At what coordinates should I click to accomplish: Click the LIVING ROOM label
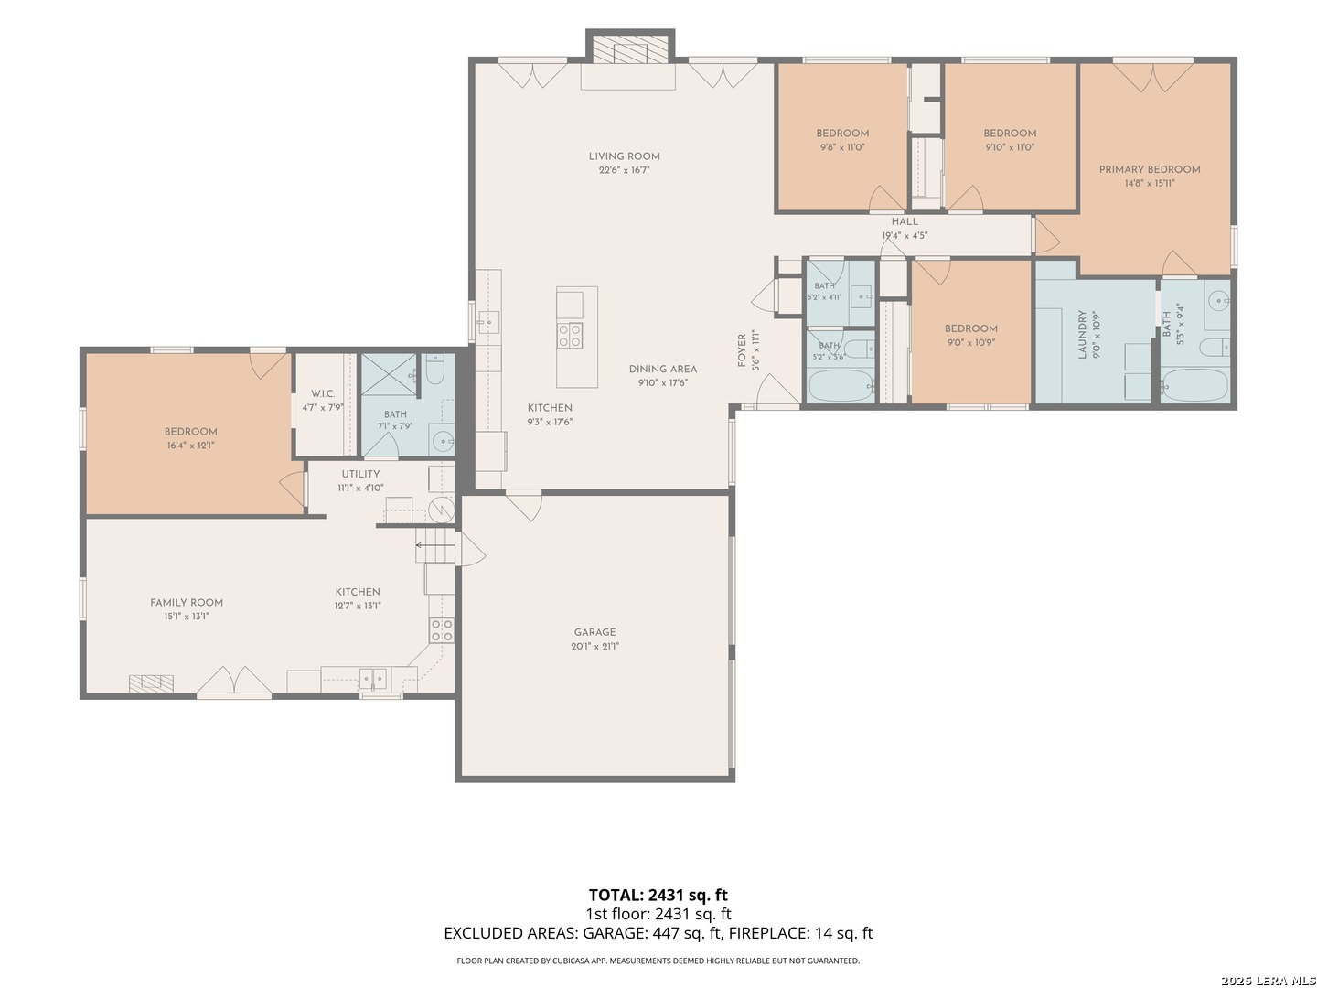(x=624, y=156)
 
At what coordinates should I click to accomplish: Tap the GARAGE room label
(x=594, y=632)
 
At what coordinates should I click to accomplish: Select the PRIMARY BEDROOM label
(x=1149, y=170)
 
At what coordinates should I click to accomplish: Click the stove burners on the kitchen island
(x=570, y=336)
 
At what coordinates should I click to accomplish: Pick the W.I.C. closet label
(x=323, y=394)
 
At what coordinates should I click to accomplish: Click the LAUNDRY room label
(x=1082, y=335)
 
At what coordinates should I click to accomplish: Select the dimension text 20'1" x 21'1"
(x=594, y=646)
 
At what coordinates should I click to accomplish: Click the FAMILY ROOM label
(x=187, y=603)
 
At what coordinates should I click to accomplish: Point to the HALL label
(x=905, y=222)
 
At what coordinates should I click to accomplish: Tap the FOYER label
(x=742, y=350)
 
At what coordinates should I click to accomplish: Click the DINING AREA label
(x=663, y=370)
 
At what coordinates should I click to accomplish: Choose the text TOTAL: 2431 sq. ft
(x=658, y=896)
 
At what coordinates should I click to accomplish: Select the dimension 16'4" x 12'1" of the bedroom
(x=191, y=446)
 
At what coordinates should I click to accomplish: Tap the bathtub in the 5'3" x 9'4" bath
(x=1194, y=385)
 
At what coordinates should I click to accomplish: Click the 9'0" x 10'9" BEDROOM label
(x=970, y=328)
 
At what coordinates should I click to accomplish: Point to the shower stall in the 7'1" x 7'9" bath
(x=388, y=375)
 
